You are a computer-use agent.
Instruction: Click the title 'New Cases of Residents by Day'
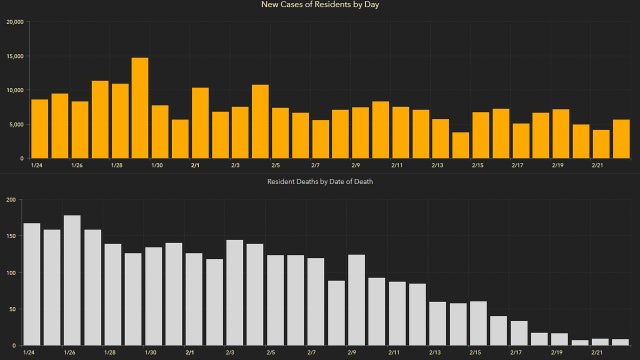[320, 6]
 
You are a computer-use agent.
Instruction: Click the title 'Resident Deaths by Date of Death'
[320, 182]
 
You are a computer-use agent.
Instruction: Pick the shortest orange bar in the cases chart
[460, 145]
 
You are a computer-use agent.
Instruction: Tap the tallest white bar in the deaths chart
[72, 281]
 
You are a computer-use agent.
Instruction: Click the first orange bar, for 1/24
[40, 129]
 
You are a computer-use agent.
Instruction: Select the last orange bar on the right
[621, 139]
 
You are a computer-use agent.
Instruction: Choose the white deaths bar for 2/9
[356, 301]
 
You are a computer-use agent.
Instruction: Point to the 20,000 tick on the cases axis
[13, 21]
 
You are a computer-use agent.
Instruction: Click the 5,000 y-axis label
[15, 124]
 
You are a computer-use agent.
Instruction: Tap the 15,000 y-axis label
[13, 56]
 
